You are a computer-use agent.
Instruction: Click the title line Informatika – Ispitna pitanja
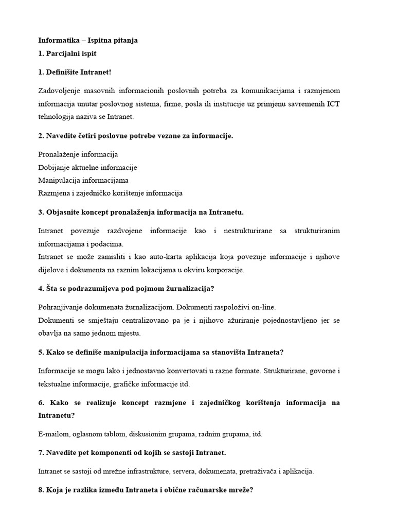(88, 40)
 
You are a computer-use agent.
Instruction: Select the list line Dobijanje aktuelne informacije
(87, 167)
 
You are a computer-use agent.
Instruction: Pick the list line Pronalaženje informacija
(78, 154)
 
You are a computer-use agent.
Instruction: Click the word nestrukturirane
(244, 231)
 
